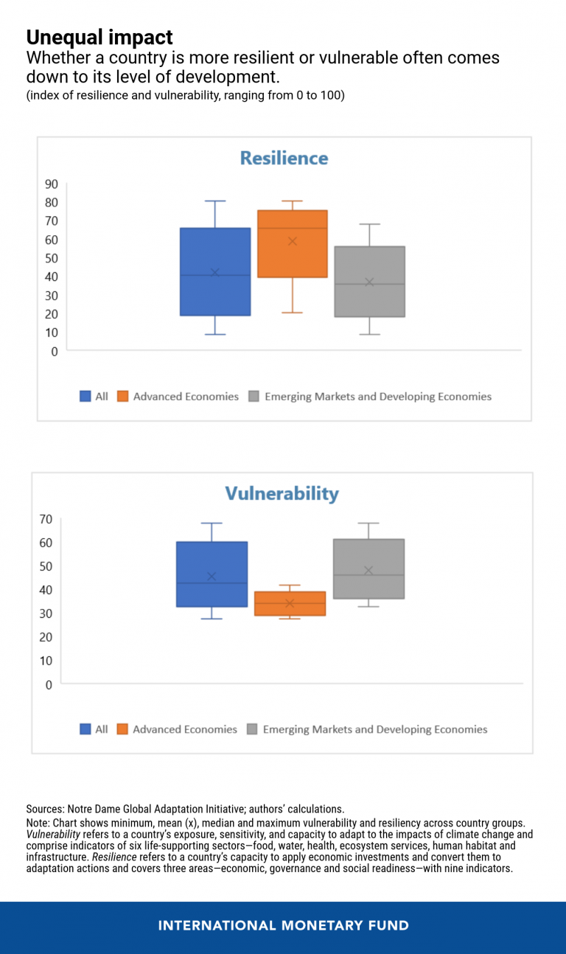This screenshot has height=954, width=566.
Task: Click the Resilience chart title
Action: click(x=284, y=158)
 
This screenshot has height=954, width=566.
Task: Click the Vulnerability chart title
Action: click(x=282, y=493)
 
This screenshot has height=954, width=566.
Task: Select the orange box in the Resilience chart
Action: click(x=292, y=244)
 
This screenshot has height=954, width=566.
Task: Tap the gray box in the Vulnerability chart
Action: click(x=368, y=568)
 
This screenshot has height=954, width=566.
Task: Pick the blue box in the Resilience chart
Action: click(x=215, y=271)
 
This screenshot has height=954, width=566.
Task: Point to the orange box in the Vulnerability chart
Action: click(x=290, y=603)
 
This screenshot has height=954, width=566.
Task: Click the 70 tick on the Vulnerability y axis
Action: click(x=45, y=519)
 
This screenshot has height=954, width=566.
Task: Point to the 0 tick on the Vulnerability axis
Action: click(x=49, y=685)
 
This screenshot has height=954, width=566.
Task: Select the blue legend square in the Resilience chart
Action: click(x=85, y=397)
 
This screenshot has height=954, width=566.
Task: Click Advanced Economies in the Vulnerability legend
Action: click(x=185, y=729)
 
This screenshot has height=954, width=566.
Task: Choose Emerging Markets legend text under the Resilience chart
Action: click(x=377, y=397)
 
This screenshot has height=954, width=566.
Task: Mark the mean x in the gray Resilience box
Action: click(x=370, y=282)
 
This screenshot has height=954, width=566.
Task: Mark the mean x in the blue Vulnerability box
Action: click(x=212, y=577)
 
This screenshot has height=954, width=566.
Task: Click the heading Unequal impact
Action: click(x=99, y=37)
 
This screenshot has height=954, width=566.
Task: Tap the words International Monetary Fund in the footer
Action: click(x=283, y=925)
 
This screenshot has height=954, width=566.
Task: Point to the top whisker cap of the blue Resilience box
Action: click(x=215, y=201)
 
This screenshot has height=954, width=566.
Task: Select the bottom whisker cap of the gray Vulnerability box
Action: click(x=368, y=606)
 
